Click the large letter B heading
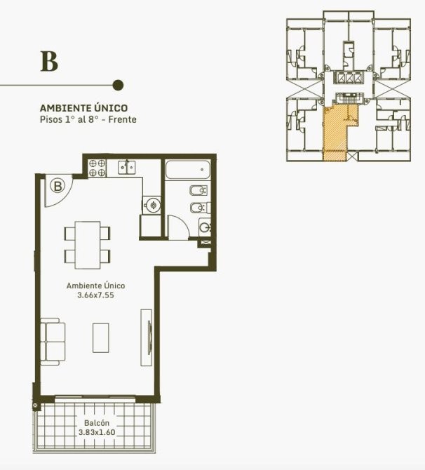pyautogui.click(x=49, y=62)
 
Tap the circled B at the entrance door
pyautogui.click(x=58, y=186)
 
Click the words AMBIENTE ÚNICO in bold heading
pyautogui.click(x=83, y=107)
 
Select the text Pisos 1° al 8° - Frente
pyautogui.click(x=88, y=119)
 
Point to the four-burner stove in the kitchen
pyautogui.click(x=97, y=168)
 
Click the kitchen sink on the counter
pyautogui.click(x=126, y=167)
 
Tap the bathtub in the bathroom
pyautogui.click(x=188, y=170)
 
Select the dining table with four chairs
pyautogui.click(x=87, y=245)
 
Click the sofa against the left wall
pyautogui.click(x=53, y=342)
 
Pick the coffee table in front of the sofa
pyautogui.click(x=101, y=337)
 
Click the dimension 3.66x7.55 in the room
pyautogui.click(x=95, y=295)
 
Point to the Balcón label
pyautogui.click(x=97, y=423)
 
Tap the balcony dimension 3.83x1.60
pyautogui.click(x=97, y=432)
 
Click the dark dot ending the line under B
pyautogui.click(x=118, y=85)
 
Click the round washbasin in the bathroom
pyautogui.click(x=205, y=227)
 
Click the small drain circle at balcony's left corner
pyautogui.click(x=35, y=406)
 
